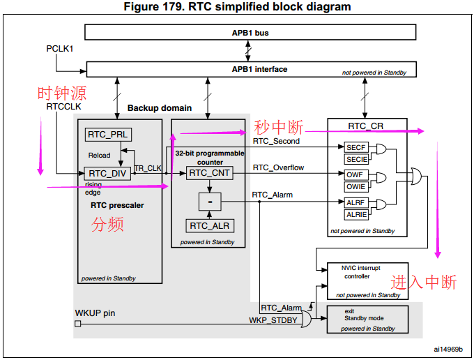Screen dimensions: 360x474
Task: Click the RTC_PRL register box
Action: (x=108, y=135)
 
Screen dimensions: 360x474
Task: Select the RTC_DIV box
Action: (x=107, y=173)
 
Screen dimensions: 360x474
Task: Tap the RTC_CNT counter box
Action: (x=208, y=172)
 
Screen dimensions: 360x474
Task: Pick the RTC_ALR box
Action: (x=209, y=225)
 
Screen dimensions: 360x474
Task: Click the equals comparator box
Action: (x=208, y=202)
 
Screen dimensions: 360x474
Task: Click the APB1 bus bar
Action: (x=250, y=32)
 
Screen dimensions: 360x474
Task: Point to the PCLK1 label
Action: (x=60, y=51)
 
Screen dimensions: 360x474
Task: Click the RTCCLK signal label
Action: (x=64, y=107)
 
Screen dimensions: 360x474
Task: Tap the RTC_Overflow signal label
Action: (x=278, y=167)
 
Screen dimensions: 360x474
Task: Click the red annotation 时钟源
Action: (x=62, y=93)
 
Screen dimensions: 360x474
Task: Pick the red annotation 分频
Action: (x=108, y=225)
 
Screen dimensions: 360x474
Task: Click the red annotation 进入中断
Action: (x=423, y=282)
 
